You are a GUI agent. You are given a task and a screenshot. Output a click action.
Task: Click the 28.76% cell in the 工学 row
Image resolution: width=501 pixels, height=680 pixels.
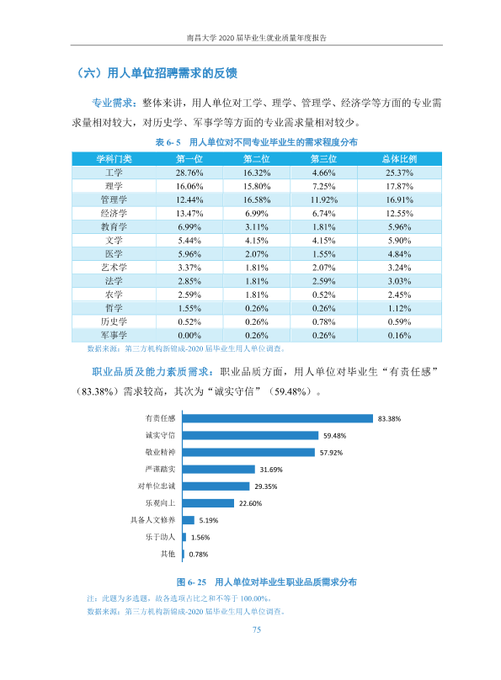(x=189, y=173)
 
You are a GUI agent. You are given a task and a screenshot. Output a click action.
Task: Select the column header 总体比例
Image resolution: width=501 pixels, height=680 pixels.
(x=399, y=159)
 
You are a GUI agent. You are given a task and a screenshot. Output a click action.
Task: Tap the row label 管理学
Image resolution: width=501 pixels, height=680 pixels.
(x=114, y=199)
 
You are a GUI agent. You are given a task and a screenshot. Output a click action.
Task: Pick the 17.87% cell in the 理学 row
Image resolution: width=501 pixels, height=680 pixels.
(x=399, y=186)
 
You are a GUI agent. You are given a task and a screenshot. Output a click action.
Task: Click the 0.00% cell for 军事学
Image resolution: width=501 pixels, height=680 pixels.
(x=189, y=335)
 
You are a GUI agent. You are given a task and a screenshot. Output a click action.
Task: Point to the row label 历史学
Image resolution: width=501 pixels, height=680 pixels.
(x=114, y=321)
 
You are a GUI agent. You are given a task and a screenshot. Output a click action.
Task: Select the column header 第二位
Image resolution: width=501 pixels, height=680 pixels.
(x=256, y=159)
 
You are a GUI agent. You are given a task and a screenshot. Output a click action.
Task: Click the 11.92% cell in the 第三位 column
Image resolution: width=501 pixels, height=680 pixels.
(x=323, y=200)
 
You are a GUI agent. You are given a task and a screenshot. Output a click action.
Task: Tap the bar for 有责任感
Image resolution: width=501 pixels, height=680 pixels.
(x=278, y=418)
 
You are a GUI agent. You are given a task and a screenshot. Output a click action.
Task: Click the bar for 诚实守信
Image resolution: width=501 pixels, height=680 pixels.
(x=250, y=435)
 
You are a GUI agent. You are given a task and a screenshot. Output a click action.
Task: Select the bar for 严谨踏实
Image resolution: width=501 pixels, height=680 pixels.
(x=219, y=470)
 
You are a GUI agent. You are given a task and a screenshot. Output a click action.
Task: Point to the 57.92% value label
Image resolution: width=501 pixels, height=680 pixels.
(x=331, y=452)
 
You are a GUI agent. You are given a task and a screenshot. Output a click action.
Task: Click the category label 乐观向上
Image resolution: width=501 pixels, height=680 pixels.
(x=160, y=503)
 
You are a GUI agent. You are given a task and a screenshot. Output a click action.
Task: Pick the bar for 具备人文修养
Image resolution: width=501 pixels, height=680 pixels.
(x=189, y=520)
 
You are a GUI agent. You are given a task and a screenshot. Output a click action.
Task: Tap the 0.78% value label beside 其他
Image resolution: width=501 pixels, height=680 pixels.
(x=198, y=555)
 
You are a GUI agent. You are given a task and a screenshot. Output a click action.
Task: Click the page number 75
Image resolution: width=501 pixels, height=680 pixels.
(x=256, y=630)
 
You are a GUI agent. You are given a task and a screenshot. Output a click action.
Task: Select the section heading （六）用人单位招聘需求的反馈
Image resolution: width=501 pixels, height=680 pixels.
(x=157, y=73)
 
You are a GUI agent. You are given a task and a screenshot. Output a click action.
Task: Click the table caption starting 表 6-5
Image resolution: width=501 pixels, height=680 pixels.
(x=256, y=142)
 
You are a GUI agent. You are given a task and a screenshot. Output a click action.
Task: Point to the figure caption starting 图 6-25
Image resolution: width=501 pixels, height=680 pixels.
(x=266, y=582)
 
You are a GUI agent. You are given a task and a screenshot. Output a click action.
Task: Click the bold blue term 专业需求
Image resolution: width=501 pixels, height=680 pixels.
(x=112, y=103)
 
